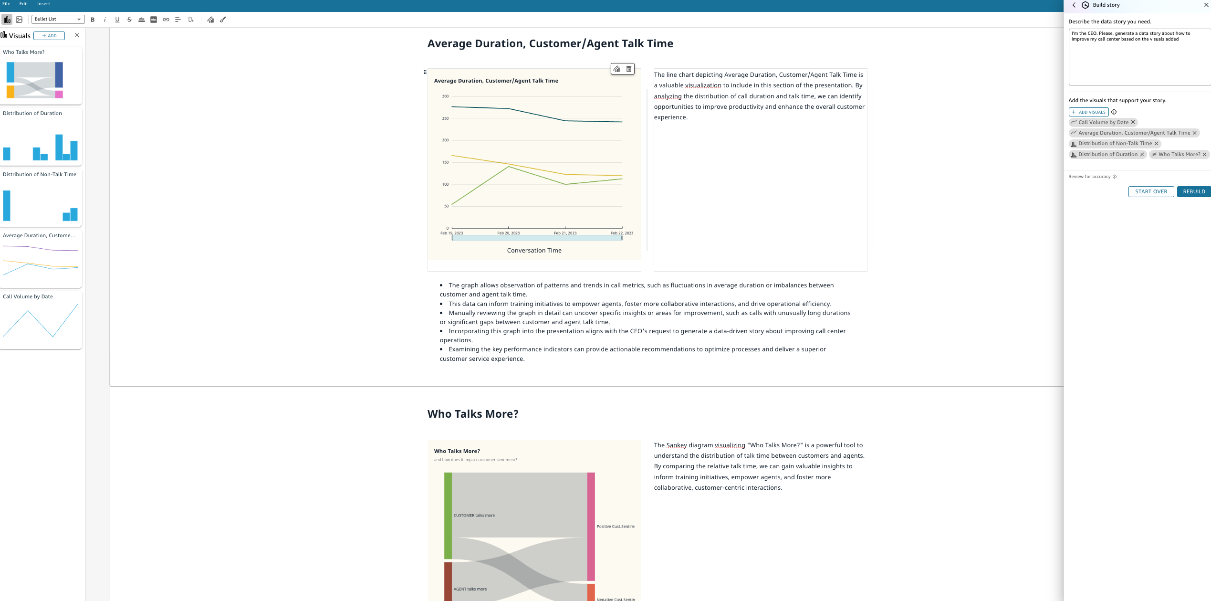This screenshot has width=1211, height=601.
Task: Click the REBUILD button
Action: coord(1193,191)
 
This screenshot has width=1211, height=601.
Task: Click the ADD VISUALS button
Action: coord(1088,112)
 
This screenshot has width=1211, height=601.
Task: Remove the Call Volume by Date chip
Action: coord(1133,122)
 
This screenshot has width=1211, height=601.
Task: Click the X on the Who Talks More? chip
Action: coord(1204,154)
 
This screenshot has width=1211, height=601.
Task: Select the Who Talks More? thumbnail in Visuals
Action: coord(41,76)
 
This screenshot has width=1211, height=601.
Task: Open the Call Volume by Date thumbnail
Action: coord(41,320)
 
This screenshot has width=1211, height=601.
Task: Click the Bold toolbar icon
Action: coord(93,20)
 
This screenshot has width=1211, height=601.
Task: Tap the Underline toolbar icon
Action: coord(117,20)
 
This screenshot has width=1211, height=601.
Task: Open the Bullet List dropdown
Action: coord(58,19)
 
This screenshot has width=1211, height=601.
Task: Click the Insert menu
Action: coord(43,4)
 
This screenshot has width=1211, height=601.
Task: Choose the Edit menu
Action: coord(23,4)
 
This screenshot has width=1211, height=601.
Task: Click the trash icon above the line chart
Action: coord(629,69)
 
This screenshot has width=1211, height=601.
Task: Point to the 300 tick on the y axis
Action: coord(445,96)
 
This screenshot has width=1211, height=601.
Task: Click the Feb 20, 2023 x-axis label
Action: coord(508,233)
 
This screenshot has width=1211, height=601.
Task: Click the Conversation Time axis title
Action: coord(534,251)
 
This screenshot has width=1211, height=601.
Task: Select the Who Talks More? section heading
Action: coord(472,414)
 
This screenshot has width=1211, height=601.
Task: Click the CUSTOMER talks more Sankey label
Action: coord(474,516)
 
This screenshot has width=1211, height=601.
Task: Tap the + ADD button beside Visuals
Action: coord(49,36)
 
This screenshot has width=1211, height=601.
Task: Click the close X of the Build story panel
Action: coord(1206,5)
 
